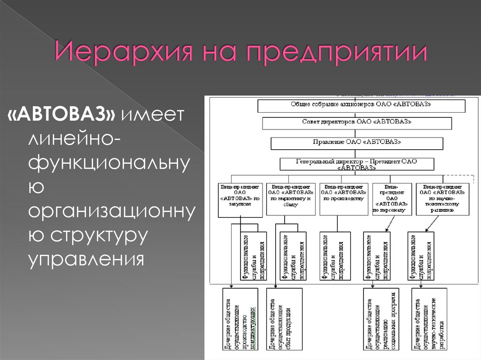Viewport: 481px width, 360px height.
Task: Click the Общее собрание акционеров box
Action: [x=357, y=105]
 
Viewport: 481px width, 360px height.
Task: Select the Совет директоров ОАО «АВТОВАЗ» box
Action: [x=357, y=123]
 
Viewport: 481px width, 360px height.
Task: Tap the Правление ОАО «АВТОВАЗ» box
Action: [x=357, y=142]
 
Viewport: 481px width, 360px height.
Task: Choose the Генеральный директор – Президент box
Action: [x=357, y=164]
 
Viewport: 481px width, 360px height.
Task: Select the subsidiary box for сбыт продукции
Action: [x=284, y=321]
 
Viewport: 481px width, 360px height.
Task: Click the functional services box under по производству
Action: [x=335, y=256]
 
